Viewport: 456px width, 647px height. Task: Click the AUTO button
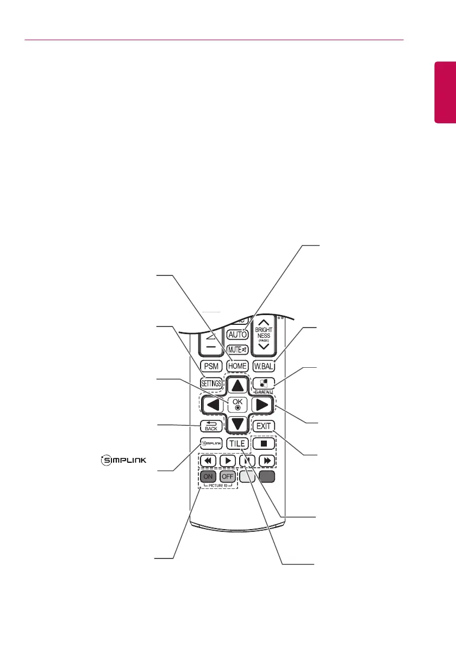[238, 335]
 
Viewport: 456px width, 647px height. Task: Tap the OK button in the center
[238, 404]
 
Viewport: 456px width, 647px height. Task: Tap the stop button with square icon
[263, 443]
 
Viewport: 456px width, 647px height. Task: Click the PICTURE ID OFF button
[227, 476]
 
